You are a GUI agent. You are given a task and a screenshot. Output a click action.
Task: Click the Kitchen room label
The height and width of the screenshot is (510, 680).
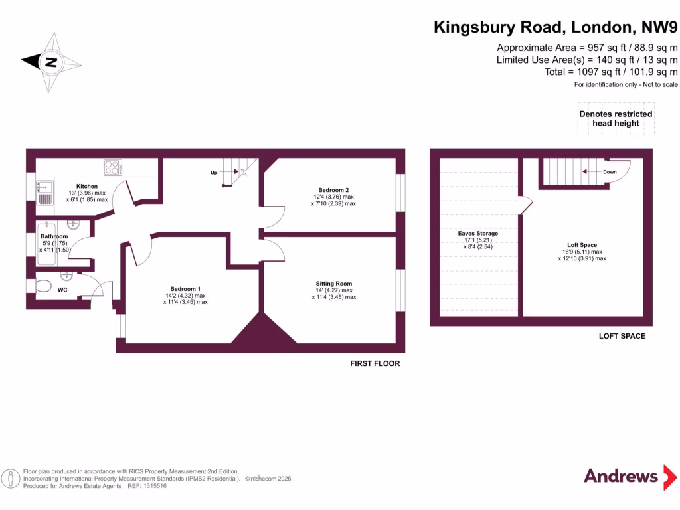coord(87,186)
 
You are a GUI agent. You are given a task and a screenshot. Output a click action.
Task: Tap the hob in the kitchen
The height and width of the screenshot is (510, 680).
coord(112,168)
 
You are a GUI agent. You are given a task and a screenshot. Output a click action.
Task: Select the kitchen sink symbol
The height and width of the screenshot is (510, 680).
coord(45,193)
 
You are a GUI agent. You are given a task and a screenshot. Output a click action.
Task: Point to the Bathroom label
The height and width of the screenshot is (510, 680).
coord(54,236)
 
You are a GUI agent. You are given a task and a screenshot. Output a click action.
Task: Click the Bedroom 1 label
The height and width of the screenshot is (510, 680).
coord(185,288)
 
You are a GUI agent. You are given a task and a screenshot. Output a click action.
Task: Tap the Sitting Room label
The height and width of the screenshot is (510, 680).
coord(334,284)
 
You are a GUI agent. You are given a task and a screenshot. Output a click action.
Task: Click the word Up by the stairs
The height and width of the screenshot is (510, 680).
coord(214,173)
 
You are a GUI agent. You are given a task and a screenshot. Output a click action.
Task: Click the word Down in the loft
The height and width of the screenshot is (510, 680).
coord(610,172)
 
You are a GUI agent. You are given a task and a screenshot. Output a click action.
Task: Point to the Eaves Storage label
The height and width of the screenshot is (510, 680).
coord(477,233)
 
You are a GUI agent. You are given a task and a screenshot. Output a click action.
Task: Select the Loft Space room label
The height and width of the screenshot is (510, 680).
coord(582,245)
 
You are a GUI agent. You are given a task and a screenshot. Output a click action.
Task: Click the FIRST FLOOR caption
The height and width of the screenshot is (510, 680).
coord(375,364)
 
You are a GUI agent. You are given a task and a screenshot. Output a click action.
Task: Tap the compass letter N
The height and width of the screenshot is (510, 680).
coord(50,63)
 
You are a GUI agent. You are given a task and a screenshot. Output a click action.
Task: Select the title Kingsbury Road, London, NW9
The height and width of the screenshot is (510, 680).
coord(556,27)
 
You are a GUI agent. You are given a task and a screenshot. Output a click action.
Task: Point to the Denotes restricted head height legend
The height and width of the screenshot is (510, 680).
coord(616,118)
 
